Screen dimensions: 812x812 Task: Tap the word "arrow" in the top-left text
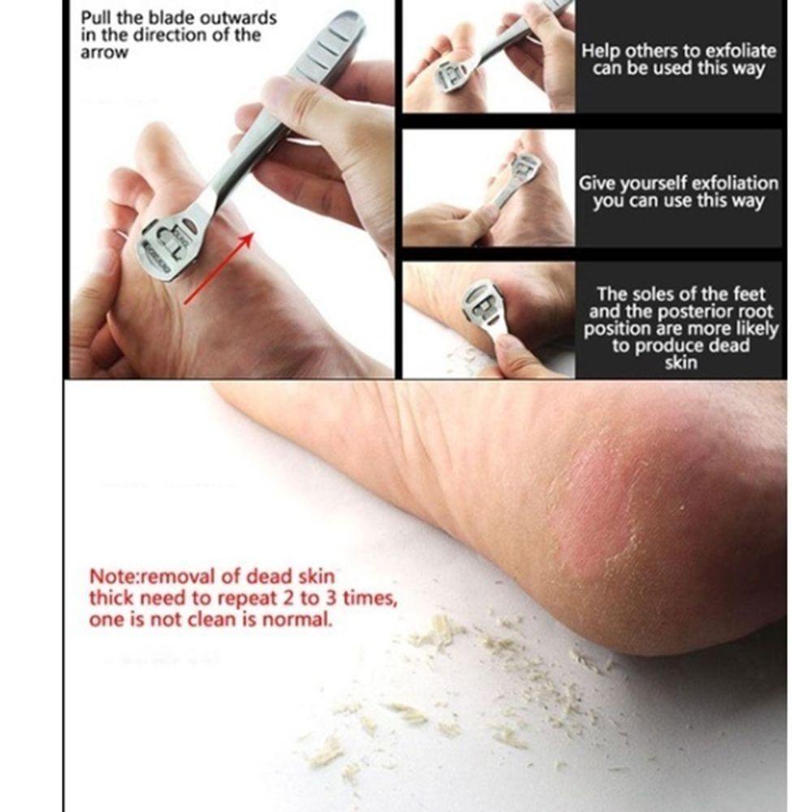104,53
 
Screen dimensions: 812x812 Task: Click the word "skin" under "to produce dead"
680,363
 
